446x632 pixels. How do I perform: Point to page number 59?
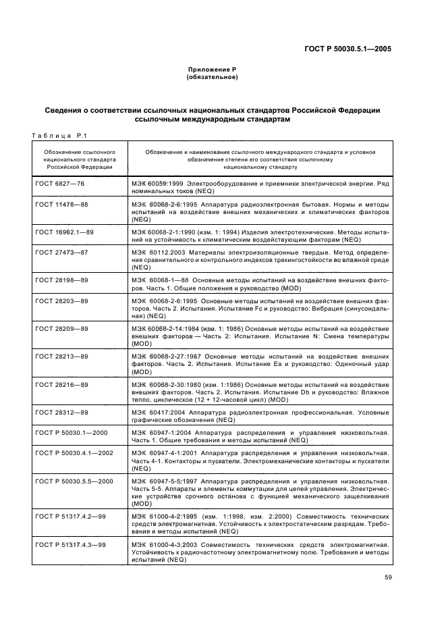click(x=386, y=577)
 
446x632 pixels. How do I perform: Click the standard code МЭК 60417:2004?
click(x=159, y=411)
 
